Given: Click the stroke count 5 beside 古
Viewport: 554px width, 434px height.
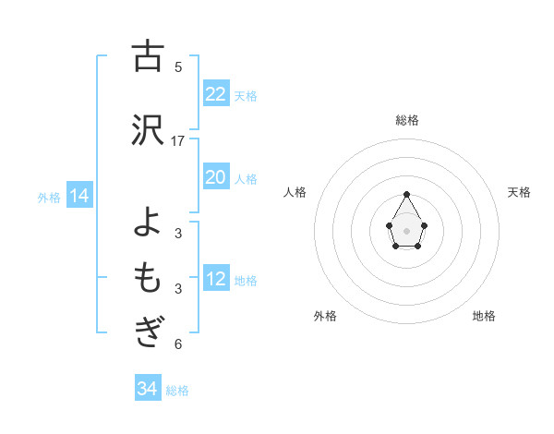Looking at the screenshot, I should (178, 66).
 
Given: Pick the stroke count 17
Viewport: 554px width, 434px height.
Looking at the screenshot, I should (178, 140).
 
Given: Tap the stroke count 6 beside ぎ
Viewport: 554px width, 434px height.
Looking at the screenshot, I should (178, 344).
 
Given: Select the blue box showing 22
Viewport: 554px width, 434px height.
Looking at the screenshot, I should (216, 94).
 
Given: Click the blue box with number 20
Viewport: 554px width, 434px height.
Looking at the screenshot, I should (216, 177).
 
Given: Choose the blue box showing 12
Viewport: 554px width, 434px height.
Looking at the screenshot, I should (216, 279).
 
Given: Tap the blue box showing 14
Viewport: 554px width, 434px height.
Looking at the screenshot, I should (78, 196).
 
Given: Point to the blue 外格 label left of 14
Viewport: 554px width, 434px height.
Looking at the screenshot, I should (49, 197).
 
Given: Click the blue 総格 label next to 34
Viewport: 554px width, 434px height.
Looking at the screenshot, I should (177, 390).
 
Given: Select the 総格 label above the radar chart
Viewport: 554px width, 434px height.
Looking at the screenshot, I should (406, 120).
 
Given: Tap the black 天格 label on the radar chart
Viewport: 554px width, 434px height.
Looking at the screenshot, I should (520, 192).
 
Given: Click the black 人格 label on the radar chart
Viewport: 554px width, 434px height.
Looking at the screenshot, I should (295, 192).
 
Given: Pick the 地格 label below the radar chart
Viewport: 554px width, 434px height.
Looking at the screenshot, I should (484, 316).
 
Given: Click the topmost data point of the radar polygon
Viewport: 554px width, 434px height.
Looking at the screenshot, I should (406, 194).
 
